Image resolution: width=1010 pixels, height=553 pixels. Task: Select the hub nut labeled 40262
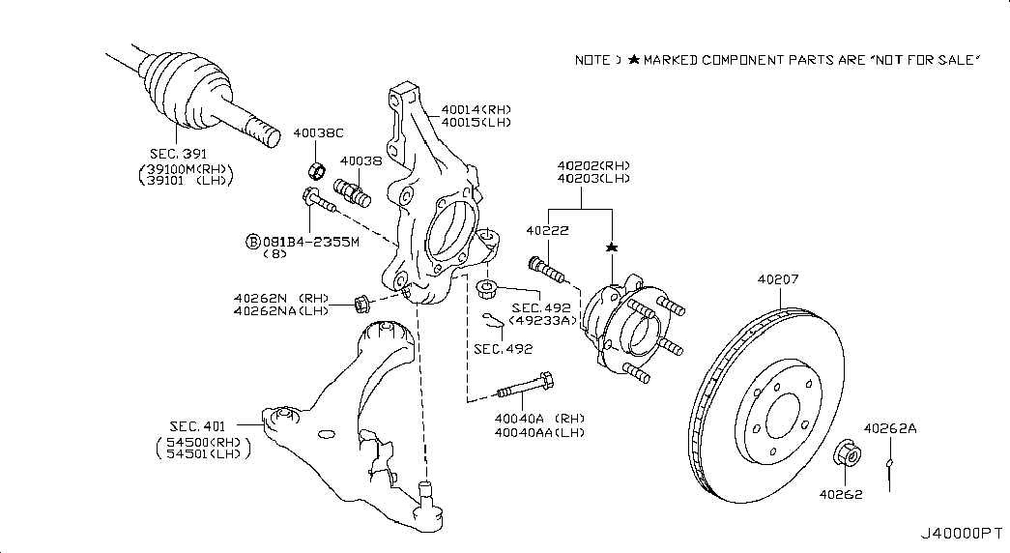844,455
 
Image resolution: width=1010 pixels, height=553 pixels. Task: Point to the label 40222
546,231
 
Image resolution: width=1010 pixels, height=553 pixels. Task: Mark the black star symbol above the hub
611,249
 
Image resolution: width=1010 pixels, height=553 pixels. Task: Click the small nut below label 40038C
316,172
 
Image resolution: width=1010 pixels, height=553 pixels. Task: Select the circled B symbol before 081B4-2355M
253,241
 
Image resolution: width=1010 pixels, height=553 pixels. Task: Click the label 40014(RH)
476,108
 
